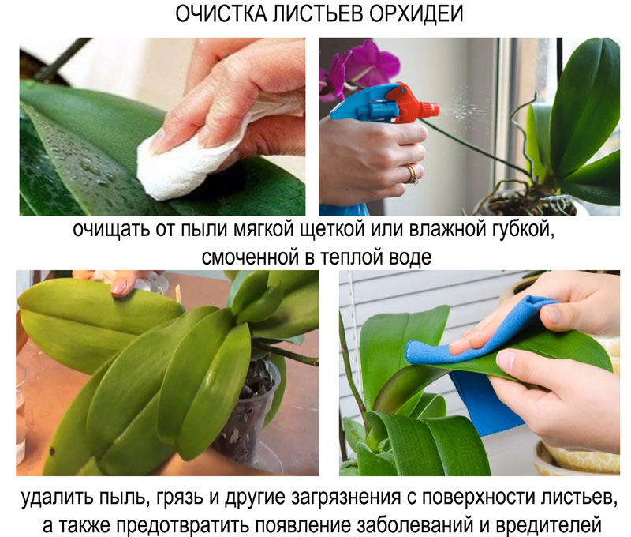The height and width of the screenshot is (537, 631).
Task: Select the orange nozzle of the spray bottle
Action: pyautogui.click(x=411, y=103)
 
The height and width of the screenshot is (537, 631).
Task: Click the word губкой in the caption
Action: pyautogui.click(x=525, y=235)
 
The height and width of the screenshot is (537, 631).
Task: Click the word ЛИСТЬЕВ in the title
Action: pyautogui.click(x=315, y=17)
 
